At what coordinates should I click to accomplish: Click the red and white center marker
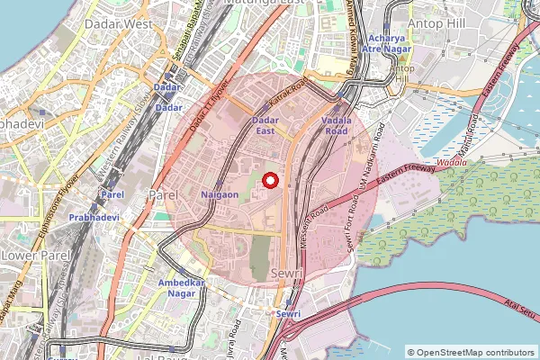coord(270,179)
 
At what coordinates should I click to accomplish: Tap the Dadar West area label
coord(119,25)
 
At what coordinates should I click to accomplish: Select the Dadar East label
coord(264,125)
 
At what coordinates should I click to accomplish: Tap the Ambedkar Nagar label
coord(183,288)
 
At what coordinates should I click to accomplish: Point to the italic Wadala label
coord(450,163)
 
